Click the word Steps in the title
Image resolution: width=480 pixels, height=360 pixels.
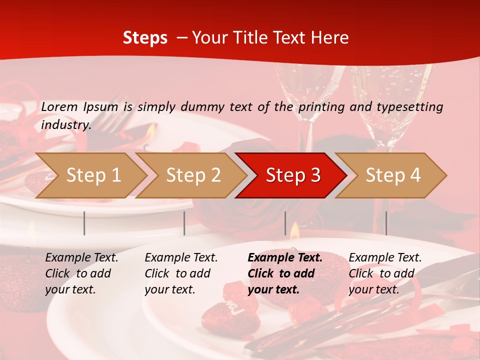(x=145, y=38)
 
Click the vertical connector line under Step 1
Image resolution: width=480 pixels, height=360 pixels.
(x=84, y=223)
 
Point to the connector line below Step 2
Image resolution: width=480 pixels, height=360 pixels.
(x=184, y=223)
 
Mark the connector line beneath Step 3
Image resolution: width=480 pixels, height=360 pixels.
(x=285, y=223)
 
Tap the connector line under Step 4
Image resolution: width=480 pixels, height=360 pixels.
(x=386, y=223)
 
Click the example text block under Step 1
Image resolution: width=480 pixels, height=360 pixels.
(x=81, y=273)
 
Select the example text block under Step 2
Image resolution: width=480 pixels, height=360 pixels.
(x=181, y=273)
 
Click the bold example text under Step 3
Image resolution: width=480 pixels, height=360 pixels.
(x=285, y=273)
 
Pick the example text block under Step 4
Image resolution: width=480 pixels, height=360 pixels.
(x=385, y=273)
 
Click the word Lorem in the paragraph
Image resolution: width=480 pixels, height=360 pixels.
(x=59, y=106)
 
